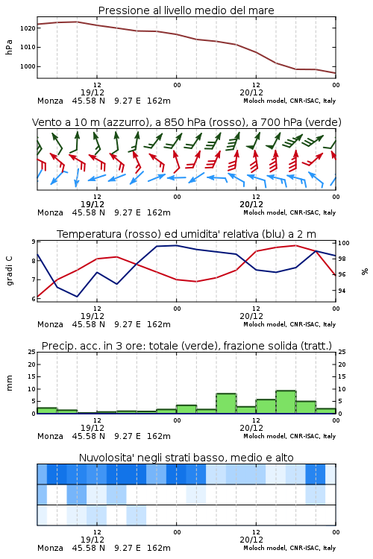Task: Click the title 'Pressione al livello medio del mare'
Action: click(x=186, y=10)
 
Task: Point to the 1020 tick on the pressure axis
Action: click(x=28, y=28)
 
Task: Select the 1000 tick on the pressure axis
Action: click(x=28, y=66)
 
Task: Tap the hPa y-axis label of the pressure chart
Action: click(x=9, y=47)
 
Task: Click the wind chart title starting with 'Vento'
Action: click(x=186, y=122)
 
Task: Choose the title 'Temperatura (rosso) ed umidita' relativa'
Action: click(x=186, y=234)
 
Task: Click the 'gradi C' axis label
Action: click(x=9, y=271)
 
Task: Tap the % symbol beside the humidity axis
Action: click(x=365, y=271)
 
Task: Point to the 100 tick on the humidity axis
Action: click(x=343, y=243)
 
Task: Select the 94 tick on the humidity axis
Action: click(x=342, y=291)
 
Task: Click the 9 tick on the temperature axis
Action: click(x=34, y=241)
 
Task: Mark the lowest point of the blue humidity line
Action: click(x=77, y=296)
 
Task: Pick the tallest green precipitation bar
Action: click(x=286, y=402)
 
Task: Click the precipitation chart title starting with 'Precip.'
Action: click(x=186, y=346)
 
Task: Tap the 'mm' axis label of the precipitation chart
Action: click(x=9, y=382)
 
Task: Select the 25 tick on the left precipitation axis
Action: click(x=32, y=352)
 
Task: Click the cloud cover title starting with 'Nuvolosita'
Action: click(x=186, y=458)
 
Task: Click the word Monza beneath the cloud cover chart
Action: click(x=50, y=548)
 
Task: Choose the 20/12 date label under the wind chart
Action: click(x=251, y=204)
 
